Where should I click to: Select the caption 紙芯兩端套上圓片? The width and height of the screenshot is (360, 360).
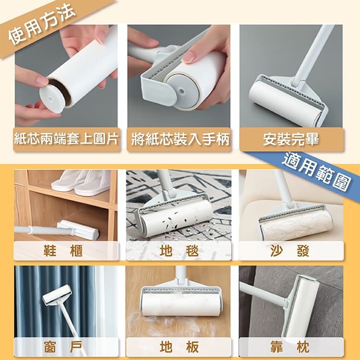click(66, 139)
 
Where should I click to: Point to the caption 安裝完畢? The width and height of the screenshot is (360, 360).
click(291, 139)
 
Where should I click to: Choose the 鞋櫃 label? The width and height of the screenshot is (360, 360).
click(63, 251)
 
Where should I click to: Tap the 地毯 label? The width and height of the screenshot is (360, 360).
click(179, 251)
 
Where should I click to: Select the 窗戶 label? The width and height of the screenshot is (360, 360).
click(63, 347)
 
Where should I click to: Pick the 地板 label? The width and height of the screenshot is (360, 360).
click(179, 347)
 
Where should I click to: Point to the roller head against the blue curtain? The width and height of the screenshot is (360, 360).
click(58, 295)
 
